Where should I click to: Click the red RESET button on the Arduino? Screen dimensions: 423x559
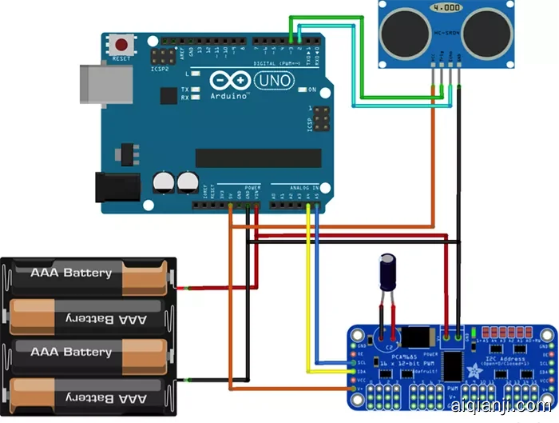click(x=121, y=45)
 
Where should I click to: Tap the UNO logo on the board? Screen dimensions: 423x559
click(x=274, y=80)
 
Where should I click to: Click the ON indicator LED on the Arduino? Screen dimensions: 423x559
click(x=301, y=89)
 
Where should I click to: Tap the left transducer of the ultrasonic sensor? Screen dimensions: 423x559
click(x=406, y=30)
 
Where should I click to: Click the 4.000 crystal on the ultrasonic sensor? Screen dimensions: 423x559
click(x=445, y=8)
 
